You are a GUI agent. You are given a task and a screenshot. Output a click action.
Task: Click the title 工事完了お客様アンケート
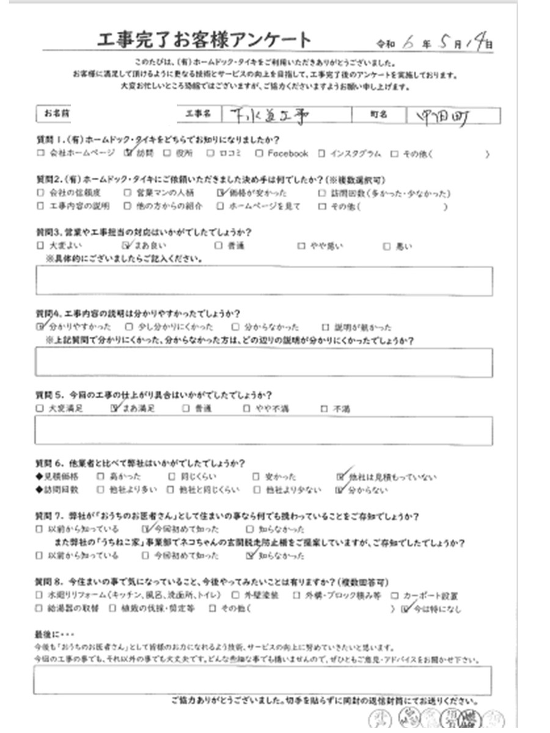[205, 42]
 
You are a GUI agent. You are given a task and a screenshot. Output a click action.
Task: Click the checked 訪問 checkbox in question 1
[128, 154]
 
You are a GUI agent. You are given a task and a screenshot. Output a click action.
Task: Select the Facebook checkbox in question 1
[260, 155]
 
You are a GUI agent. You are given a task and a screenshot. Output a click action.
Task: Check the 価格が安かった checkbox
[222, 194]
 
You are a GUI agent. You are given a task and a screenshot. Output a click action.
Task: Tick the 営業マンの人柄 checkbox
[127, 194]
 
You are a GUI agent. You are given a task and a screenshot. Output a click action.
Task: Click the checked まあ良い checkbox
[127, 246]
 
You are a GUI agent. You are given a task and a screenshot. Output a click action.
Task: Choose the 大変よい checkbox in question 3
[40, 246]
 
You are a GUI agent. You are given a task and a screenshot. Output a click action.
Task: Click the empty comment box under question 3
[264, 282]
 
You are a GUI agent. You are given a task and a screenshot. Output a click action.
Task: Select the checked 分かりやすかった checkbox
[40, 327]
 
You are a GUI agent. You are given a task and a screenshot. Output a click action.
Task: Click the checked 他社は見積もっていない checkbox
[341, 476]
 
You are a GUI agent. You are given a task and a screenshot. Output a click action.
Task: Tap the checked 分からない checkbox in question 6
[341, 490]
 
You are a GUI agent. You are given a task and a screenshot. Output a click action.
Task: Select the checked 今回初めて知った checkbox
[145, 529]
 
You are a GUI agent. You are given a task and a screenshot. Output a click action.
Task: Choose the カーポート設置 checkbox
[395, 595]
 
